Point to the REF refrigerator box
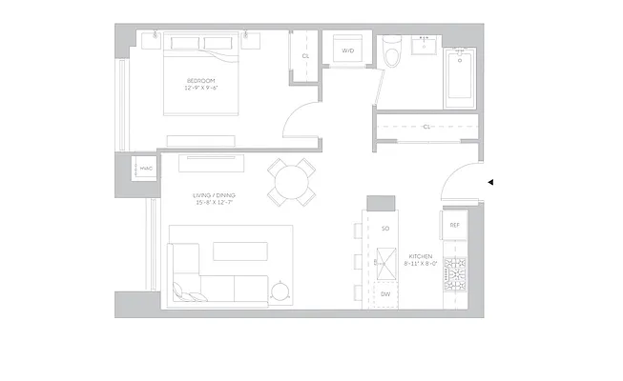coord(455,225)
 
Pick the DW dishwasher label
coord(385,294)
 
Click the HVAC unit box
coord(146,170)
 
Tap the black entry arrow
coord(489,181)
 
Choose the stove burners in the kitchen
coord(456,274)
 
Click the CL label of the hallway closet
coord(426,126)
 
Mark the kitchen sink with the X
coord(385,260)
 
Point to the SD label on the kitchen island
coord(385,230)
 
